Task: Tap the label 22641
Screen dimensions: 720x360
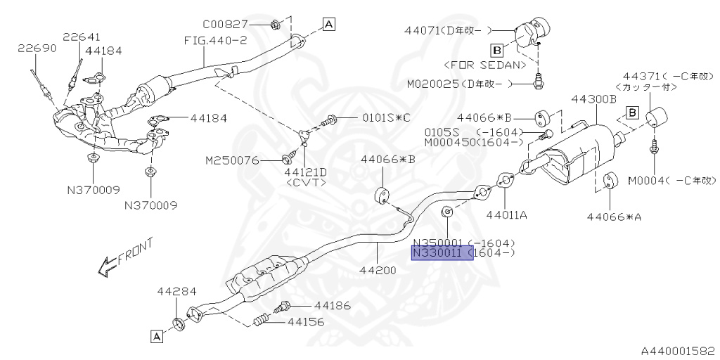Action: point(81,37)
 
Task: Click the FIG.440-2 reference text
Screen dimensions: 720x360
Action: point(215,40)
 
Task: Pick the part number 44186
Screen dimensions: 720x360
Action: point(332,306)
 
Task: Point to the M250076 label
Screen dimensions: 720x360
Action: point(233,160)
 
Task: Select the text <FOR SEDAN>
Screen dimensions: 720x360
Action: point(485,65)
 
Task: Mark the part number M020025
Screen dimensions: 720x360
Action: point(431,84)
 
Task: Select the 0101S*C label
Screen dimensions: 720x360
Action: point(385,118)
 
